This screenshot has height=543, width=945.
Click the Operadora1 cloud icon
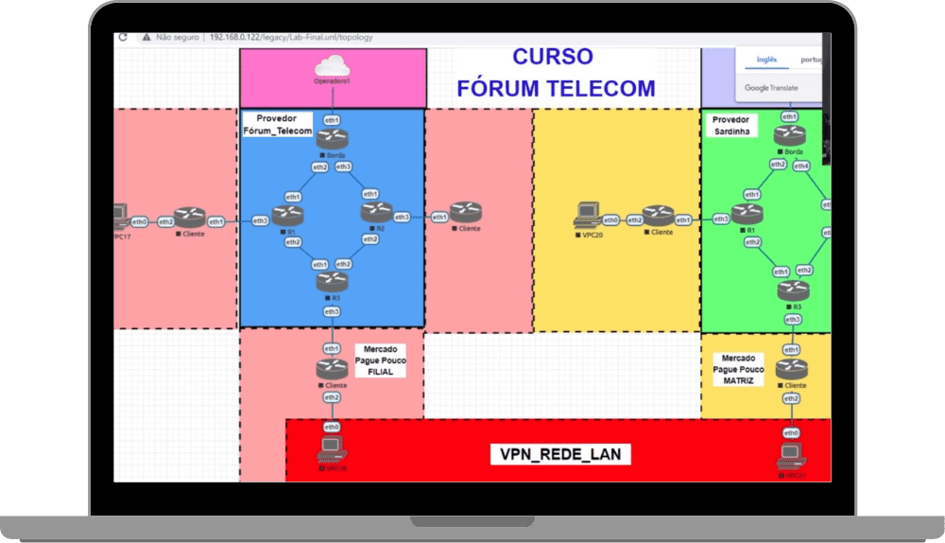coord(333,66)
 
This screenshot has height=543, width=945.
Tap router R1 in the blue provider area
coord(285,216)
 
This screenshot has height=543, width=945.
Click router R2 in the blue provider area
coord(375,214)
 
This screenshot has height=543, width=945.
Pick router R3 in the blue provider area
coord(332,281)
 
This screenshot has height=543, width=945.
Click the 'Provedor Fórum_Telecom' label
coord(279,125)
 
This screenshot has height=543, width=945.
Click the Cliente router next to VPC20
coord(658,218)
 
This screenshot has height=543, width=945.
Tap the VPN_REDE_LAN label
coord(561,455)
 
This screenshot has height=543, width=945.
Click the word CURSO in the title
coord(553,57)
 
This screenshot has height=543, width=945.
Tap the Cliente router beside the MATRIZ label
coord(790,370)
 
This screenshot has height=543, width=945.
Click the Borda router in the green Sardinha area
coord(790,136)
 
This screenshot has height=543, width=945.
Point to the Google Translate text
coord(771,88)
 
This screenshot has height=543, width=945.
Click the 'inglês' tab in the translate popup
coord(766,59)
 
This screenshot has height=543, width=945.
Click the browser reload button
coord(123,37)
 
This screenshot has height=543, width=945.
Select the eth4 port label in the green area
coord(801,166)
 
